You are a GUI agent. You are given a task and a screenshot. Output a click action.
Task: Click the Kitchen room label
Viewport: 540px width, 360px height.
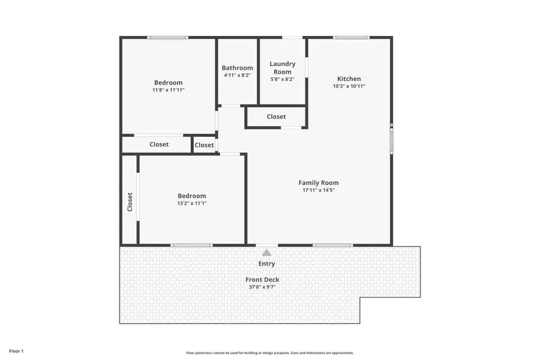pyautogui.click(x=349, y=79)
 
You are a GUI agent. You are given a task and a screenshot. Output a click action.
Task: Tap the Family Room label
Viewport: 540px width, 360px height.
pyautogui.click(x=319, y=183)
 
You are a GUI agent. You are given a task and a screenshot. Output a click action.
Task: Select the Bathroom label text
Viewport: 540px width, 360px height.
pyautogui.click(x=237, y=68)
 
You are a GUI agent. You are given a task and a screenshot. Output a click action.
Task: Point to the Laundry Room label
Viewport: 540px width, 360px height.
pyautogui.click(x=282, y=68)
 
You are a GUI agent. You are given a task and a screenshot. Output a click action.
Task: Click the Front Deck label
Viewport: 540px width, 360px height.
pyautogui.click(x=262, y=280)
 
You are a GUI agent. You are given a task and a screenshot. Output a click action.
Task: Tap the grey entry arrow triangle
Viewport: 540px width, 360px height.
pyautogui.click(x=266, y=253)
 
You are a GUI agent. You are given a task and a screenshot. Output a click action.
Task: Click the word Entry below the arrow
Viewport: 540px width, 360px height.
pyautogui.click(x=266, y=264)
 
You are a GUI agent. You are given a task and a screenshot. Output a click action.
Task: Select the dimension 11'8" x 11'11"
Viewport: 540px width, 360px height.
pyautogui.click(x=168, y=90)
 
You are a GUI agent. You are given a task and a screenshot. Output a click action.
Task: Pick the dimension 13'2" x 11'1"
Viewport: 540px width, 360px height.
pyautogui.click(x=191, y=203)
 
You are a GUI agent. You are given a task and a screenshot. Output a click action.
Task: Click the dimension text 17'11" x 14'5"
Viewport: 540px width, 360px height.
pyautogui.click(x=319, y=190)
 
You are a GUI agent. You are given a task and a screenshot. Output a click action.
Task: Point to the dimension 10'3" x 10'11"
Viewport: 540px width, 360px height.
pyautogui.click(x=349, y=86)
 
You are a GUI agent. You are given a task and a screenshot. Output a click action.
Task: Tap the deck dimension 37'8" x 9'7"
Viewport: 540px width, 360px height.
pyautogui.click(x=262, y=287)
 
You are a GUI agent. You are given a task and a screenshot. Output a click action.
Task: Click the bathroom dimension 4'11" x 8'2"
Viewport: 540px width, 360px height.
pyautogui.click(x=237, y=76)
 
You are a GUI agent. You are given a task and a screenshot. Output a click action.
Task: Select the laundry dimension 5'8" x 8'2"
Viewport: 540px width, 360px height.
pyautogui.click(x=282, y=79)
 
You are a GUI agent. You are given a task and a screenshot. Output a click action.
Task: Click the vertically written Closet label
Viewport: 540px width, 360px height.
pyautogui.click(x=130, y=202)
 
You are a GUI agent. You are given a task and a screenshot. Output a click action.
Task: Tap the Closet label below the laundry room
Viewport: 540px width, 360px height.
pyautogui.click(x=276, y=116)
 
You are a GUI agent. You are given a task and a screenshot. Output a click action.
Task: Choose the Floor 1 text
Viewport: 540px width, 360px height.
pyautogui.click(x=16, y=350)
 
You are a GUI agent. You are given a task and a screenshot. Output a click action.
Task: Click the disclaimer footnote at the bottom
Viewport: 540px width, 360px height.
pyautogui.click(x=269, y=353)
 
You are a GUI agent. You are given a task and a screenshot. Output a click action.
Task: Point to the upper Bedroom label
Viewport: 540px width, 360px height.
pyautogui.click(x=168, y=83)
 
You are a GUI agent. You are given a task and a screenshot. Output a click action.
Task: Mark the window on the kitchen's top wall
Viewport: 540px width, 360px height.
pyautogui.click(x=352, y=38)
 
